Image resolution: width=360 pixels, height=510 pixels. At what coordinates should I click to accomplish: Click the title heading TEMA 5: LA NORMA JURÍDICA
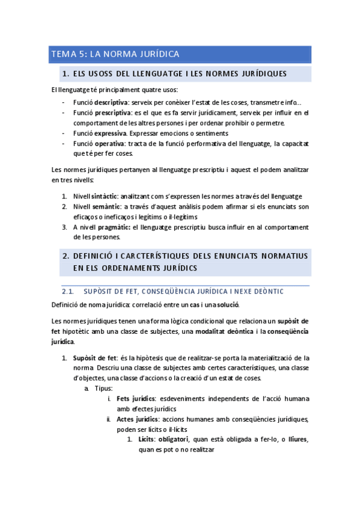coord(115,55)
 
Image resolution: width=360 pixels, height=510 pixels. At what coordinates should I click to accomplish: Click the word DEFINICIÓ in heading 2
coord(96,256)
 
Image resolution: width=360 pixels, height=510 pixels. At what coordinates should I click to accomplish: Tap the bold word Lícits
coord(147,440)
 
